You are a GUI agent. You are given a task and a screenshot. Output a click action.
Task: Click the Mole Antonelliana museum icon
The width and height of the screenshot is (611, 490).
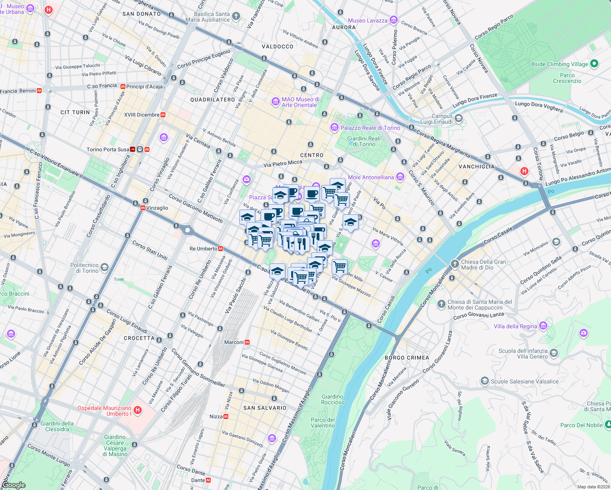(400, 177)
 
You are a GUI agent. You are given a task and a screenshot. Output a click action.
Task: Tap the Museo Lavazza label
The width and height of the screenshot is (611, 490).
(368, 20)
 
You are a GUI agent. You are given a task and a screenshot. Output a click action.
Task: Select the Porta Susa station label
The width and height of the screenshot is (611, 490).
(108, 149)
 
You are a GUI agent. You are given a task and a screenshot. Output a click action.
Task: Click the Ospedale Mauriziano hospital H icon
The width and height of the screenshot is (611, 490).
(138, 410)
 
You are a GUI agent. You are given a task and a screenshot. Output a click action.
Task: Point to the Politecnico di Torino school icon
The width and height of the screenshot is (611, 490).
(105, 267)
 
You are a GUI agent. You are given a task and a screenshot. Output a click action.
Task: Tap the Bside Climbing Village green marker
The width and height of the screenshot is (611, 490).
(594, 64)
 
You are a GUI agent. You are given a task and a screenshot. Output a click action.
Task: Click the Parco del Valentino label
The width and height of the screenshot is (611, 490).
(323, 423)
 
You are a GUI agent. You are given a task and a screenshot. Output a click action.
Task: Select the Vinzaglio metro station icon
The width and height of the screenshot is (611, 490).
(143, 208)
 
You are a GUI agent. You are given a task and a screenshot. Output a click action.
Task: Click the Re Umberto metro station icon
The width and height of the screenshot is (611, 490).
(221, 249)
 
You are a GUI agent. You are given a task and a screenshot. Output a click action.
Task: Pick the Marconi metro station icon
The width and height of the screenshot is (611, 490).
(247, 342)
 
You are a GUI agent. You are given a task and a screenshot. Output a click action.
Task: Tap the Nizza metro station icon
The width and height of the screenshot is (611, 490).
(226, 416)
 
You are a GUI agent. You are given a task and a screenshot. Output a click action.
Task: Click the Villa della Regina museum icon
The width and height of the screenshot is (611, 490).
(543, 326)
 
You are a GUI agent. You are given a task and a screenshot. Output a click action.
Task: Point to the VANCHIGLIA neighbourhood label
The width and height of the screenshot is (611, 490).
(476, 167)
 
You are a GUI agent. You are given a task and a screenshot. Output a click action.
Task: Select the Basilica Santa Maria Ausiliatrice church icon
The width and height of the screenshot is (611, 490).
(236, 16)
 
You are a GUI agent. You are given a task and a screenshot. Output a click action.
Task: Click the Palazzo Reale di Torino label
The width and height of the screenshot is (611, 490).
(370, 128)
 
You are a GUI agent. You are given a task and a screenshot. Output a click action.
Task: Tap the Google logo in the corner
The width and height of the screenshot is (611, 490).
(13, 485)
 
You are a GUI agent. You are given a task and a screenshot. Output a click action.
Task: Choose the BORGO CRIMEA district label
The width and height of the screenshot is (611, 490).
(407, 358)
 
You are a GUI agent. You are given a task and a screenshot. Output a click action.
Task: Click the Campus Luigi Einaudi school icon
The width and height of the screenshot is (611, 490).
(458, 118)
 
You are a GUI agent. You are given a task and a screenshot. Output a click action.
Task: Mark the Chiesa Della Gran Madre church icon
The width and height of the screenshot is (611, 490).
(455, 264)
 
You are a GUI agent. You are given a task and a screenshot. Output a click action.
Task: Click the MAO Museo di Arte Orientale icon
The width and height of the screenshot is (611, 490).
(276, 101)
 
